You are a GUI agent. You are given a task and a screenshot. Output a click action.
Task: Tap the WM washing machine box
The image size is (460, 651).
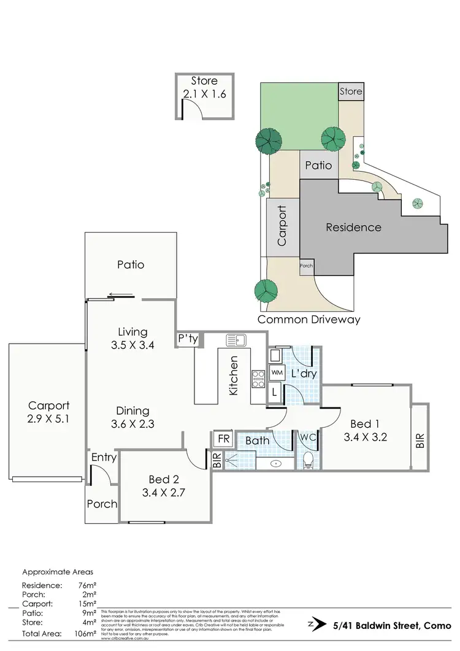276,372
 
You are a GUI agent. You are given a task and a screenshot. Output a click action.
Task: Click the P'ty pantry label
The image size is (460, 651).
187,339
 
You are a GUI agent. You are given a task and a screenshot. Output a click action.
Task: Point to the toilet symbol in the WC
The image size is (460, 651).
308,459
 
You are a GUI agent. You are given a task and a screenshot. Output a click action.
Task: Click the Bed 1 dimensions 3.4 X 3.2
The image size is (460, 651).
366,437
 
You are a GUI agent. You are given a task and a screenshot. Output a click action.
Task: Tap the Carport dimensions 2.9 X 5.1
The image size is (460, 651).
48,420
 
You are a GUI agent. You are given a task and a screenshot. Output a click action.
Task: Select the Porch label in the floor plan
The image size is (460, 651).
102,504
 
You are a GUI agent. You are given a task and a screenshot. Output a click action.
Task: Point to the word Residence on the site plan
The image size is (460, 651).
353,227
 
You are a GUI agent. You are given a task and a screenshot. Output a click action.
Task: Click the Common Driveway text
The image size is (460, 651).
309,320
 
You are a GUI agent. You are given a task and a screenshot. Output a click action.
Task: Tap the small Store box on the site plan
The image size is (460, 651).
351,91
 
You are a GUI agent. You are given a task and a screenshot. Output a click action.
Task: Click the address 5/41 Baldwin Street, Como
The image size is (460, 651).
391,625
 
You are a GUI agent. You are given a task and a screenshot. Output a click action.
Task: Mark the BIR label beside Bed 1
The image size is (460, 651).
420,439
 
